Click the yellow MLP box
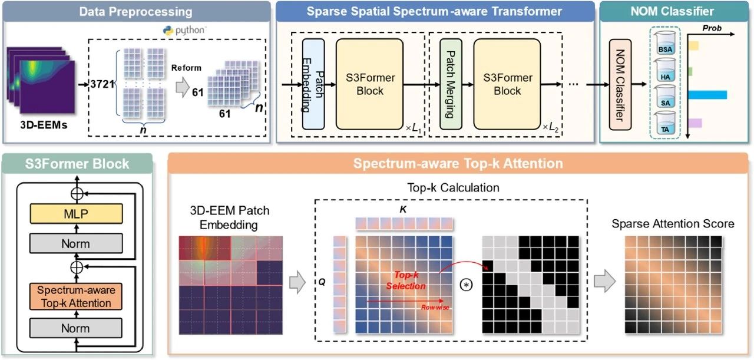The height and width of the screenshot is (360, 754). tap(76, 213)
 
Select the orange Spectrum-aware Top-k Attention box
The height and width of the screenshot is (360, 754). tap(76, 296)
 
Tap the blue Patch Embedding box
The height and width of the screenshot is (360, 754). tap(313, 84)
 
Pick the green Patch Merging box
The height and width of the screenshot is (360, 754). tap(451, 84)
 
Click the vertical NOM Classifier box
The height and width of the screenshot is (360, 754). tap(620, 84)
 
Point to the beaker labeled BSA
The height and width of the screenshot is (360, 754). tap(665, 43)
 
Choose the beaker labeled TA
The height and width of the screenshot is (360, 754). tap(665, 124)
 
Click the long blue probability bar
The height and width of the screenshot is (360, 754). tap(707, 95)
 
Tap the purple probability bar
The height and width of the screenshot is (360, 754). tap(695, 123)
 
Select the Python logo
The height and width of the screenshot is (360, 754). tap(168, 31)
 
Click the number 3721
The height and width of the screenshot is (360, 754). tap(102, 84)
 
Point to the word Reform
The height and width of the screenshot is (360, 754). tap(186, 68)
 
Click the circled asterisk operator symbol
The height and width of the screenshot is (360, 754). tap(466, 285)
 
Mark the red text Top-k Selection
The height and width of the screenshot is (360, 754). tap(406, 280)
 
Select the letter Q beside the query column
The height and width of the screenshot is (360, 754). tap(322, 282)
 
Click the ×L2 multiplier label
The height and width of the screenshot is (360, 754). tap(550, 127)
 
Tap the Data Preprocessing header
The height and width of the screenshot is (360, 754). tap(135, 12)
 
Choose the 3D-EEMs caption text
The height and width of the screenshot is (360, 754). tap(44, 125)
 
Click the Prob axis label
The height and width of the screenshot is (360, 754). tap(712, 28)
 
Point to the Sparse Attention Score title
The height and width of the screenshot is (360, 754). tap(673, 224)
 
